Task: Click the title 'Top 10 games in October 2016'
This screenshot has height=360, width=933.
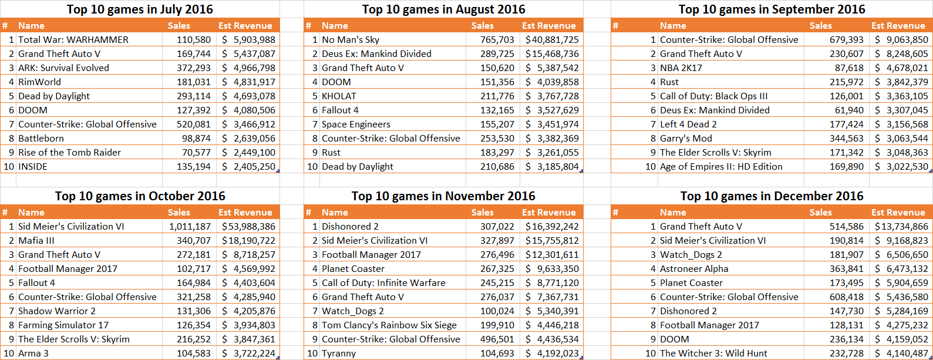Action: (x=140, y=196)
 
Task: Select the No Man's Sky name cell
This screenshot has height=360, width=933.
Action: (x=351, y=40)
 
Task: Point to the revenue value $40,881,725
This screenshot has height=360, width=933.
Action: (x=552, y=40)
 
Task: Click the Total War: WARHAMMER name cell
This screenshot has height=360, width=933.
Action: (x=73, y=40)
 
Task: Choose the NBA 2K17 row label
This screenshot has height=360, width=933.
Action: (x=681, y=68)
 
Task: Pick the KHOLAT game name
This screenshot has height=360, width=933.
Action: (x=339, y=96)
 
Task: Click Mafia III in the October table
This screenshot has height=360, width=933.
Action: (x=36, y=241)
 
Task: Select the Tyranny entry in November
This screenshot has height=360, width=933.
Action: (x=339, y=354)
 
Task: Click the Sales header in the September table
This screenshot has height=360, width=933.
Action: (x=820, y=26)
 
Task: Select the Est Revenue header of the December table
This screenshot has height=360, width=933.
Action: (x=898, y=213)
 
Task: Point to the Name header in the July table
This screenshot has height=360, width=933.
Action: (x=31, y=26)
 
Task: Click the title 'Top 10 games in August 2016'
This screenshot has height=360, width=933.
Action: (x=443, y=9)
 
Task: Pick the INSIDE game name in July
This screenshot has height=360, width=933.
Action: (x=33, y=167)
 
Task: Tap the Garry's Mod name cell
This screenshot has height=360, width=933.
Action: (x=686, y=139)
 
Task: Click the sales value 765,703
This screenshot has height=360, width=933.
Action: (x=497, y=40)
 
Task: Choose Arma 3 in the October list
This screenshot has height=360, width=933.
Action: (x=33, y=354)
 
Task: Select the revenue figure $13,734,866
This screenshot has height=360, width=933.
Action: (x=901, y=227)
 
